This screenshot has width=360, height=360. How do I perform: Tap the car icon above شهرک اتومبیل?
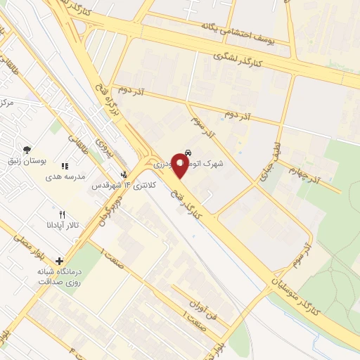coord(188,152)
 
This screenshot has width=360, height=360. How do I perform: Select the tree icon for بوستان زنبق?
coord(27,149)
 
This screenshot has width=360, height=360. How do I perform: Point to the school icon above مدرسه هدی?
coord(65,167)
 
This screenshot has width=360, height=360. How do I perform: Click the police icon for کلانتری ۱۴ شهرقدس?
coord(124,174)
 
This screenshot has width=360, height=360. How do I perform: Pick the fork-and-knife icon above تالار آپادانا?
coord(62,214)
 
